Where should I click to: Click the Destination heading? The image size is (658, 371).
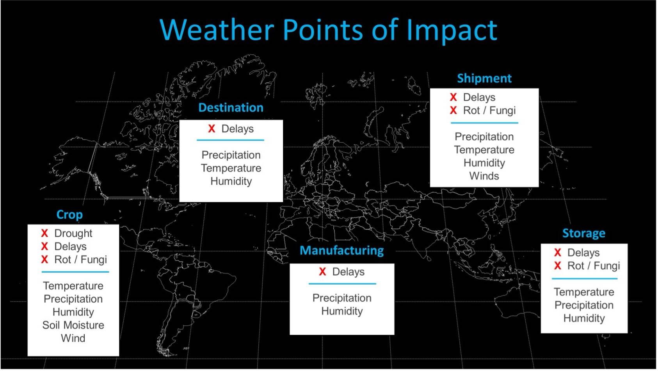(231, 108)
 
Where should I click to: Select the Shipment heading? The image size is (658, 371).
(484, 78)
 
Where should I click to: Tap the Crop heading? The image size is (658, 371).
(69, 215)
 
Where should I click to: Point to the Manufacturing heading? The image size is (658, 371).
(341, 250)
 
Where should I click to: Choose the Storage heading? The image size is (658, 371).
(584, 234)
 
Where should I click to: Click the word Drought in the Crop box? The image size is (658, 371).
(73, 234)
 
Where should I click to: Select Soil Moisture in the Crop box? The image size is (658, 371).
(73, 325)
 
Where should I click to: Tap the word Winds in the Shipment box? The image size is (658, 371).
(484, 176)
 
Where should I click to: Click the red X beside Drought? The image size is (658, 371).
(44, 234)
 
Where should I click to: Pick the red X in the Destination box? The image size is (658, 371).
(212, 129)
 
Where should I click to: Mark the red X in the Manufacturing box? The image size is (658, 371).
(322, 272)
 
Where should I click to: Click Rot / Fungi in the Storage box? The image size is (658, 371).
(593, 266)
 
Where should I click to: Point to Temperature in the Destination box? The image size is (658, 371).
(231, 168)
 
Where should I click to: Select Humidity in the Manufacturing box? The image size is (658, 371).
(342, 311)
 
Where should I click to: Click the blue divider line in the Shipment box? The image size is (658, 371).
(484, 123)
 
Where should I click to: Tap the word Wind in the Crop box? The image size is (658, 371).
(73, 338)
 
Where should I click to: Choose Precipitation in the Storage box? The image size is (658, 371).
(584, 305)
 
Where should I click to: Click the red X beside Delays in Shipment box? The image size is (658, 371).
(453, 97)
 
